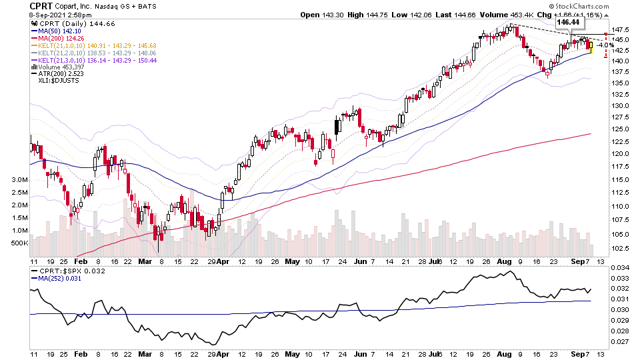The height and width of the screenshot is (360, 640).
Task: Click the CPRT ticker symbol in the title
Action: pyautogui.click(x=42, y=7)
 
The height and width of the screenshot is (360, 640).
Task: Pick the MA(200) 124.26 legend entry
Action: pyautogui.click(x=59, y=39)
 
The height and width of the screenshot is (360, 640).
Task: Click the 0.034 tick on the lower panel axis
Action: pyautogui.click(x=619, y=267)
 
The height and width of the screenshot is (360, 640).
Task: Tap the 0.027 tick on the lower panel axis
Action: pyautogui.click(x=619, y=341)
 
